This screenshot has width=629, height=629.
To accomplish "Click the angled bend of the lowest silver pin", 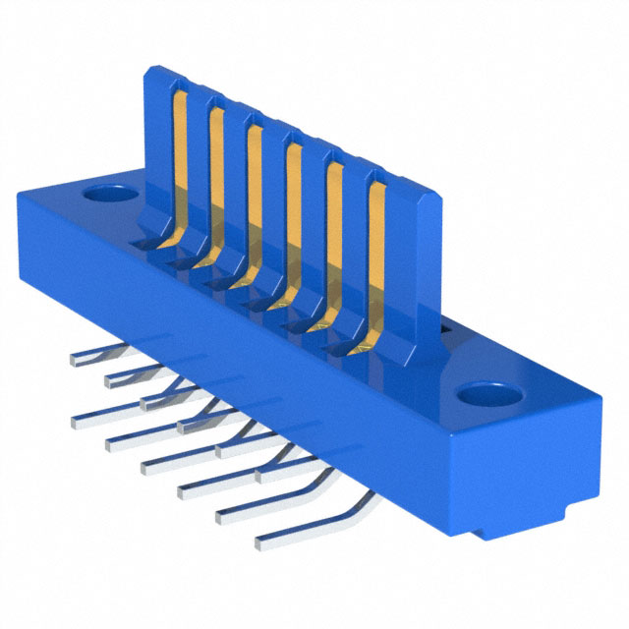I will click(x=366, y=502).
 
